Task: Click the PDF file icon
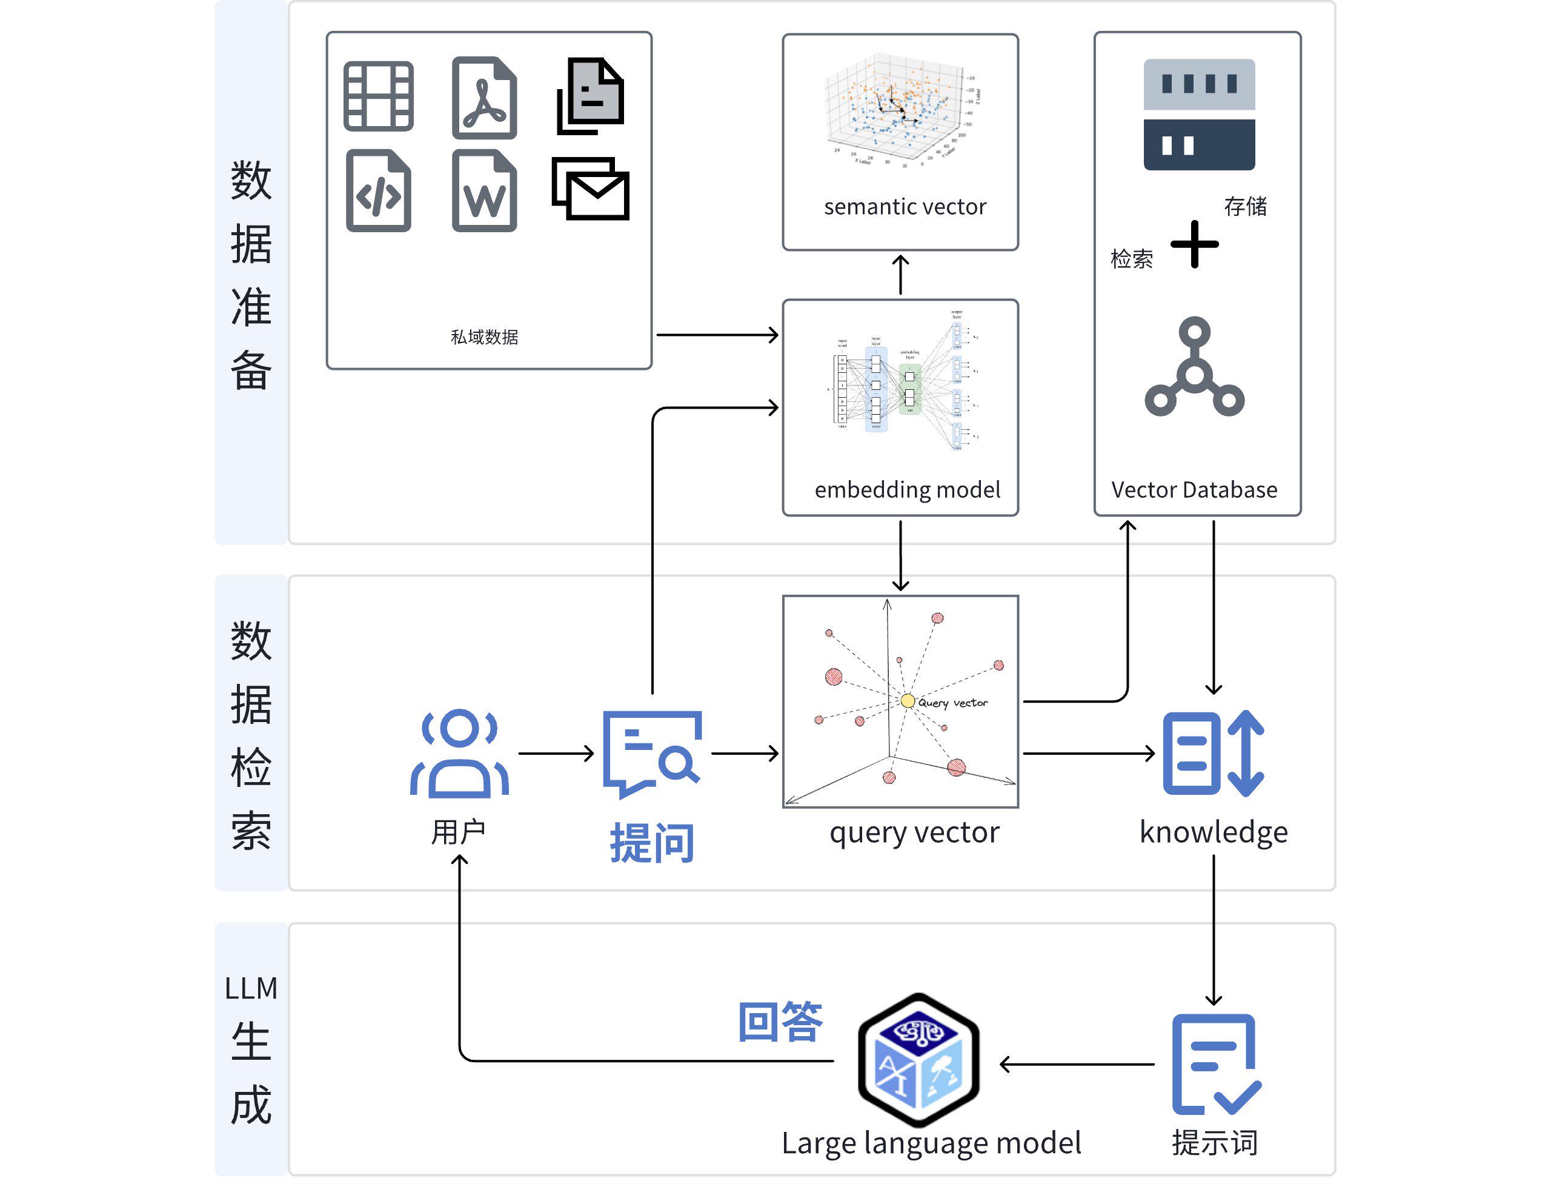coord(484,98)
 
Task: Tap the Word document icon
coord(484,191)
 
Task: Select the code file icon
coord(379,191)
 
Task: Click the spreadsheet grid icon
coord(379,96)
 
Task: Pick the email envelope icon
coord(591,189)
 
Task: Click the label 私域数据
coord(484,337)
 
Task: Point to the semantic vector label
coord(905,207)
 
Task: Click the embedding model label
coord(907,490)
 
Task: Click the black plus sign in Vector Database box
coord(1195,244)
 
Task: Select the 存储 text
coord(1245,206)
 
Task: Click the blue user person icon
coord(459,753)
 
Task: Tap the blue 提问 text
coord(652,843)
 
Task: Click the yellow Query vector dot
coord(907,701)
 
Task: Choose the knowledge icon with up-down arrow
coord(1213,753)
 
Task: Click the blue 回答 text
coord(780,1022)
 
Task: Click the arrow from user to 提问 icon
coord(556,753)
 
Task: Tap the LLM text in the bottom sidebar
coord(251,988)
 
